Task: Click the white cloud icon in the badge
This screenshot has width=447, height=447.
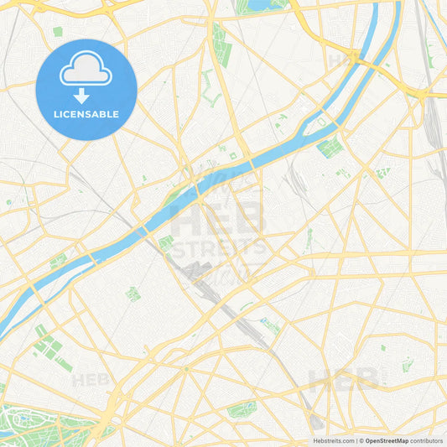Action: click(x=86, y=72)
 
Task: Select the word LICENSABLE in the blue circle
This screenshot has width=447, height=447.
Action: click(x=86, y=114)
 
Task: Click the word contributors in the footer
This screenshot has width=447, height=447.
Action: click(x=426, y=440)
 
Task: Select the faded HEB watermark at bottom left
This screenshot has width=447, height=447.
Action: click(x=91, y=380)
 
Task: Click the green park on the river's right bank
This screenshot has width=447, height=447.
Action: click(x=329, y=148)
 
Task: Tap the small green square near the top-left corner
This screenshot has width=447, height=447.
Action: click(x=57, y=32)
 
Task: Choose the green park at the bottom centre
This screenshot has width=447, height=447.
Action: click(x=242, y=409)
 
